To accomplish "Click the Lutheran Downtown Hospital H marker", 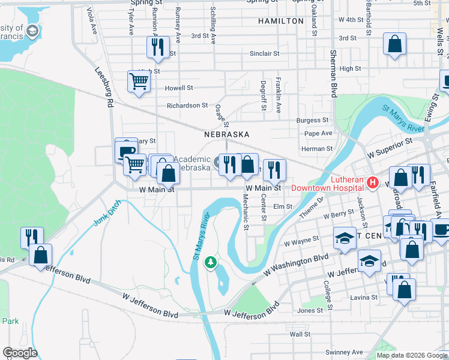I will coord(372,182).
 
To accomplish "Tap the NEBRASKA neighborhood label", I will coord(226,134).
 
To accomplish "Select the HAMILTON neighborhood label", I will coord(281,21).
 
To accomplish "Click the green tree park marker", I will coord(210,262).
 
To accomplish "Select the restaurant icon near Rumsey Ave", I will coord(157,46).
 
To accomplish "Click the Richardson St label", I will coord(187,106).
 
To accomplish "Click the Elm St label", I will coord(282,206).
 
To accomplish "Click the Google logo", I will coord(20,353).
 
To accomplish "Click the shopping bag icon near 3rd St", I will coord(395,44).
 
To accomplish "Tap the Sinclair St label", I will coord(265,53).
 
